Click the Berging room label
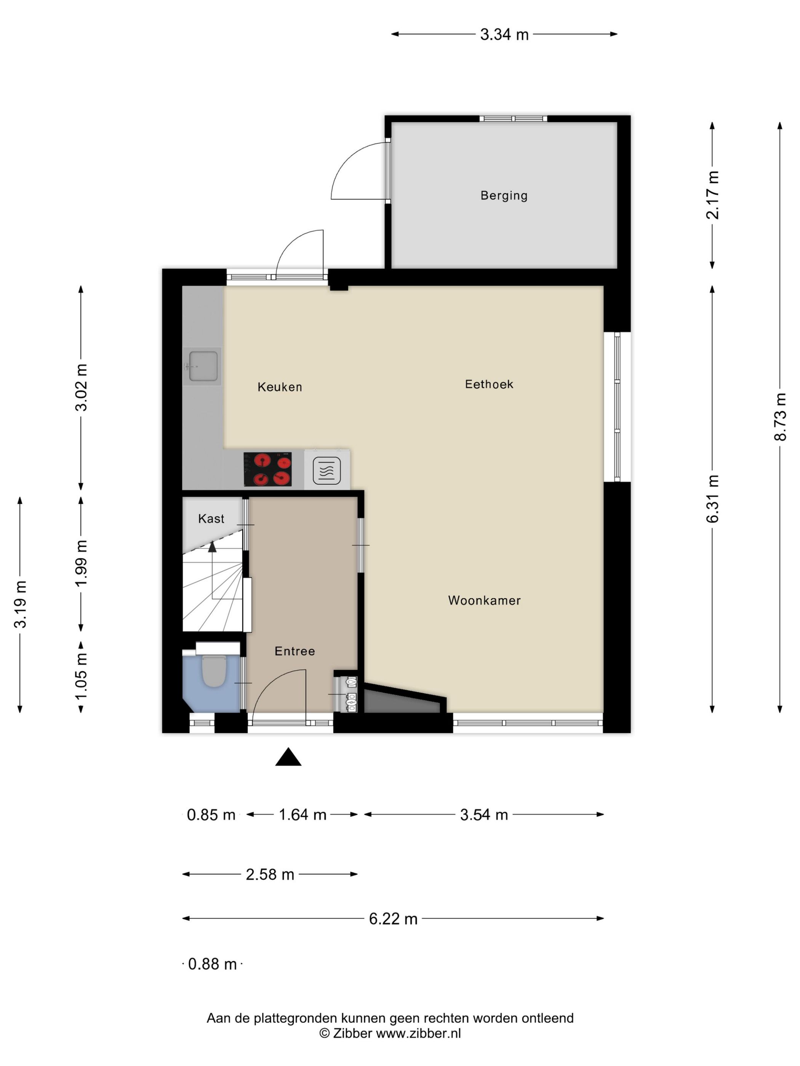[x=504, y=196]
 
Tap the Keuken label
[x=280, y=387]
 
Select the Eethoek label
[x=489, y=384]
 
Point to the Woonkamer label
[x=484, y=600]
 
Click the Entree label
[x=294, y=651]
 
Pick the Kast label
[x=211, y=519]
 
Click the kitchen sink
[x=203, y=366]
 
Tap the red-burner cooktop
[x=268, y=469]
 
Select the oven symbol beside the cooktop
[x=327, y=470]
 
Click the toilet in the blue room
[x=214, y=670]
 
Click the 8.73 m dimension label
[x=780, y=417]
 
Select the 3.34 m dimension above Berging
[x=504, y=35]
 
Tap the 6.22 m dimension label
[x=393, y=919]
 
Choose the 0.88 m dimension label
[x=212, y=964]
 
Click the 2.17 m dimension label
[x=713, y=195]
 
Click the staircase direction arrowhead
[x=212, y=546]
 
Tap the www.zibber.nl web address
[x=418, y=1033]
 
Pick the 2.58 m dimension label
[x=270, y=875]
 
